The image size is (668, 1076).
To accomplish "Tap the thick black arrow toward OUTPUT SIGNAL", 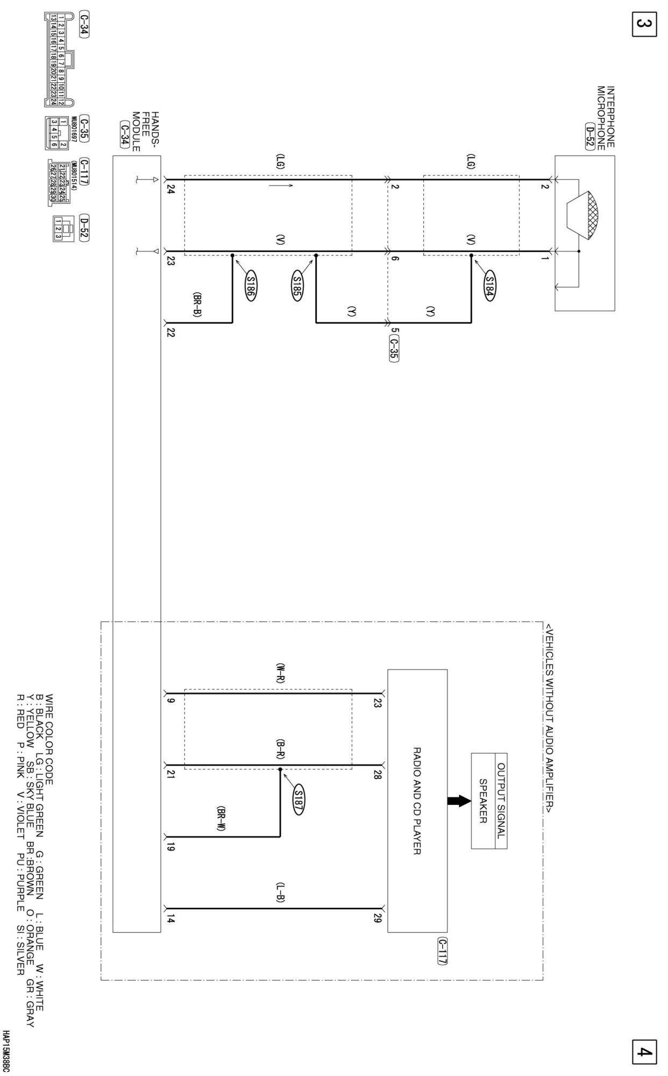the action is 459,801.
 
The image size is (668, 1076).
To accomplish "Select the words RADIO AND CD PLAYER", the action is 417,801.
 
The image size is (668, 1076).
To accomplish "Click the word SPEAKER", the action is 482,801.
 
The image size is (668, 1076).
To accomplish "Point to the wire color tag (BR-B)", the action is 197,305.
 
